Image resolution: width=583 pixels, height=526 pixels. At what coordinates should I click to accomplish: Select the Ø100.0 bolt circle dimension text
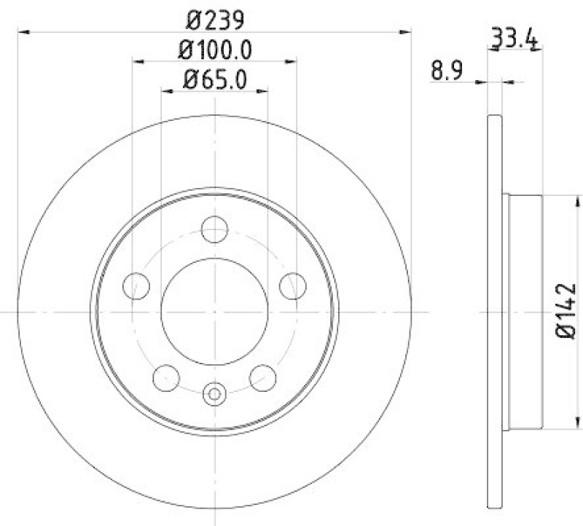pos(214,52)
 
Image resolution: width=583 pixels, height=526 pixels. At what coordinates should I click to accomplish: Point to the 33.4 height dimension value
pos(514,37)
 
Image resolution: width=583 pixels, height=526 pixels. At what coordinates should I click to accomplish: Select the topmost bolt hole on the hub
pos(214,229)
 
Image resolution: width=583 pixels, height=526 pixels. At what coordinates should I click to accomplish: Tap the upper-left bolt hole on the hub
pos(136,285)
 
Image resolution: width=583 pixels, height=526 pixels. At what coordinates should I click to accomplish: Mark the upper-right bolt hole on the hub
pos(292,285)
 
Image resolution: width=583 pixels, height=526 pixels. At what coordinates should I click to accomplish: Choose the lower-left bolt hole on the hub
pos(166,377)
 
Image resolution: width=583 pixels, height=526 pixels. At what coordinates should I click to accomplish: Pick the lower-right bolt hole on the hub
pos(262,377)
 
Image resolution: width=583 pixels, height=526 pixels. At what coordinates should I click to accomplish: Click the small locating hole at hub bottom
pos(214,394)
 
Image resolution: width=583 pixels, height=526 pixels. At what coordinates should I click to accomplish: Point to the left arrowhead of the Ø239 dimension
pos(22,31)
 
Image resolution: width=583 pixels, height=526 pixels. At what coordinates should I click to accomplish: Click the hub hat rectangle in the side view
pos(523,311)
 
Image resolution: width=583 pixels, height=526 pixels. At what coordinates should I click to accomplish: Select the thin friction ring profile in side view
pos(494,311)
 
